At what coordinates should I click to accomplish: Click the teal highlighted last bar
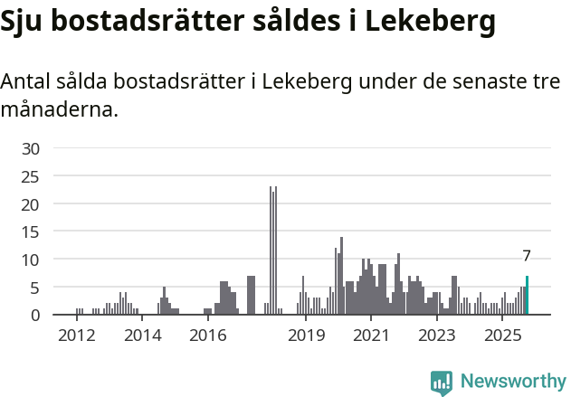[527, 296]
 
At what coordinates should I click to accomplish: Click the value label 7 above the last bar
[527, 257]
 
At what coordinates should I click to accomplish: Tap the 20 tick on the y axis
[31, 204]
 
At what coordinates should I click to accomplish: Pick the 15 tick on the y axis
[31, 232]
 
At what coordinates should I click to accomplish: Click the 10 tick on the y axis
[31, 260]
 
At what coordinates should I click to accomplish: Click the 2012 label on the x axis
[76, 336]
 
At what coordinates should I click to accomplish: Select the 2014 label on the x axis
[142, 336]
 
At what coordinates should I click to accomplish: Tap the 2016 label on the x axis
[208, 336]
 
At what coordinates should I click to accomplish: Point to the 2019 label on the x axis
[306, 336]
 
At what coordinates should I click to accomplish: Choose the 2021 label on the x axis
[371, 336]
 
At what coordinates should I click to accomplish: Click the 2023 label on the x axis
[437, 336]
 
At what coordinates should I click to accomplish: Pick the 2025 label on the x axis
[503, 336]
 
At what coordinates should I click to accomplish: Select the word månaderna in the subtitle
[58, 110]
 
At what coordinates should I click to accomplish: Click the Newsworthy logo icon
[442, 382]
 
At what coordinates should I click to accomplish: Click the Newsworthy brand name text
[513, 382]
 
